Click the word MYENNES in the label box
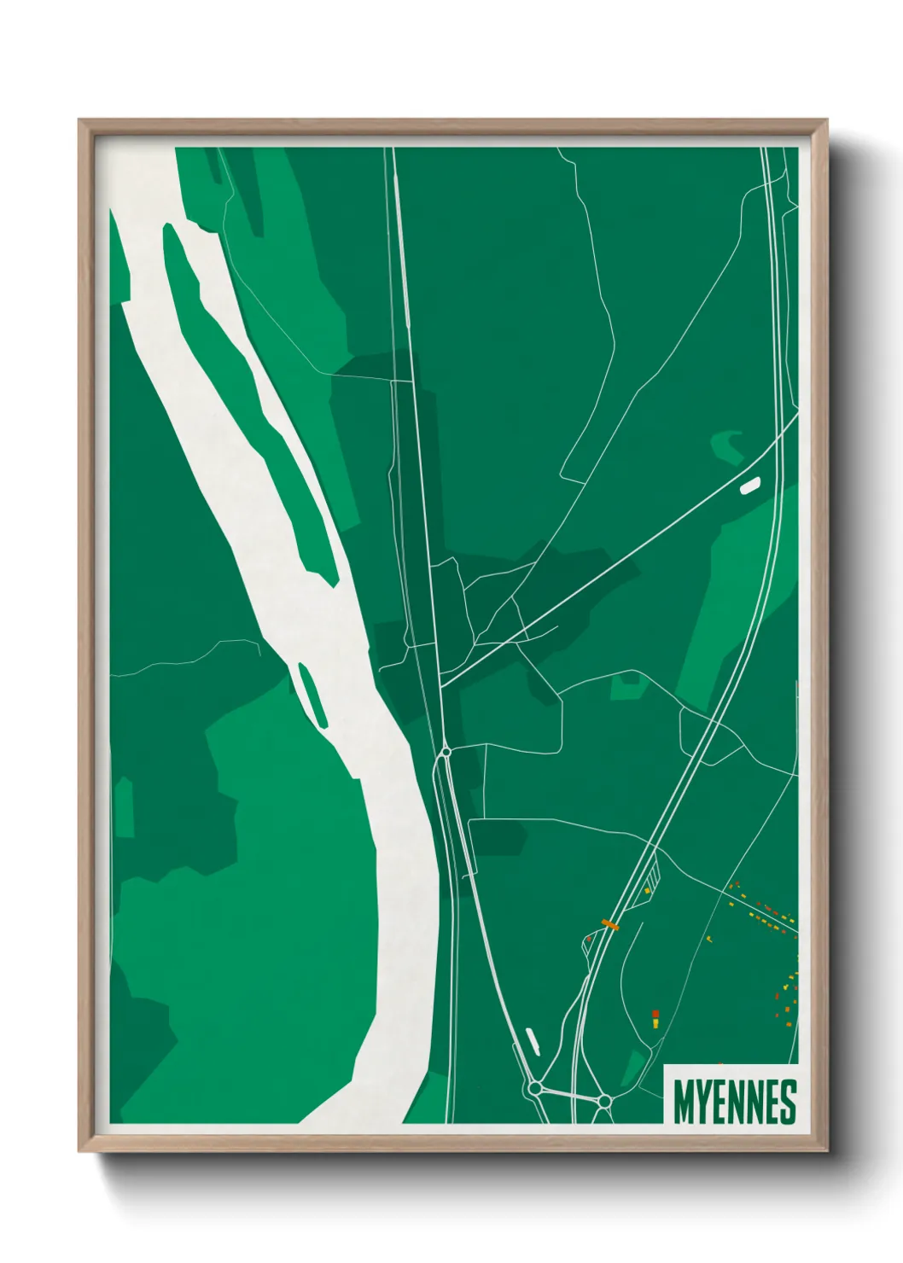click(734, 1102)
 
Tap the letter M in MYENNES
click(684, 1102)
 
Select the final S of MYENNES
click(788, 1102)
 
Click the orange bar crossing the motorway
click(610, 923)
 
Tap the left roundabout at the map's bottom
click(535, 1088)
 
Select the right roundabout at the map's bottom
click(604, 1101)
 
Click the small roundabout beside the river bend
click(446, 752)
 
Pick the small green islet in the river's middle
click(311, 694)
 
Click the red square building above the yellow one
click(655, 1013)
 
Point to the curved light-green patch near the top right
click(728, 444)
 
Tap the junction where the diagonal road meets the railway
click(441, 686)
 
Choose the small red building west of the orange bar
click(588, 939)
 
